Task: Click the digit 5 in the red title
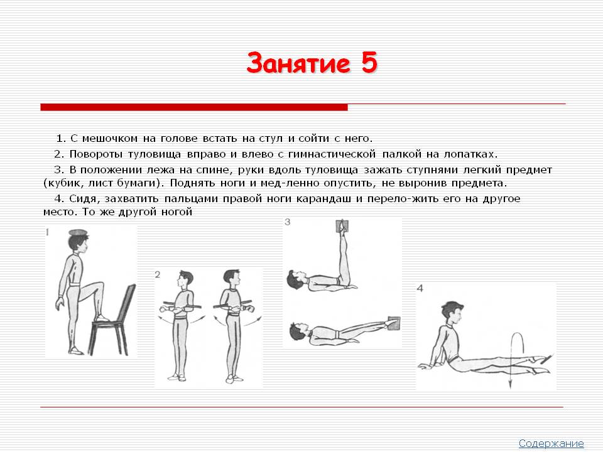369,63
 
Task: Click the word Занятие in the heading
298,63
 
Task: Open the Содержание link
551,443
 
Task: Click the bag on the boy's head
79,232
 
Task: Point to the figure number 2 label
157,274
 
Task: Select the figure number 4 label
420,288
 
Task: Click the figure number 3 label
287,222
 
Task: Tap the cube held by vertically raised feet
342,226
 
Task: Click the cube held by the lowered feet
394,323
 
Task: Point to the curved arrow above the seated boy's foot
513,359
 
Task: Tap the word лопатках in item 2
470,154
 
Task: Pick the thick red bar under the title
194,107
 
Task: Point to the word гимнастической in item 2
332,154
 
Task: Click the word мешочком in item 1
109,138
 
